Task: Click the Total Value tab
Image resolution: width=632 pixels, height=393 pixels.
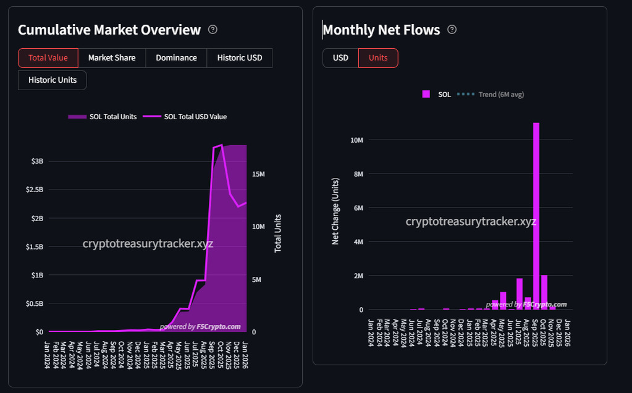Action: click(x=48, y=58)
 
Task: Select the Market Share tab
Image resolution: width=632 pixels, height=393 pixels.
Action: click(x=112, y=58)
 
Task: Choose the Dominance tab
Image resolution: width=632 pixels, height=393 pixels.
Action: click(x=176, y=58)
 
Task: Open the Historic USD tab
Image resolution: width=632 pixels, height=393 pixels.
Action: click(x=239, y=58)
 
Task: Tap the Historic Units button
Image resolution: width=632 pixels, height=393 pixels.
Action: click(x=53, y=80)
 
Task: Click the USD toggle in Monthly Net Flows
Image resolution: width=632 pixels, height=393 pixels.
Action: click(x=340, y=58)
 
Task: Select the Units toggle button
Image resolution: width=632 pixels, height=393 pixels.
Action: click(x=378, y=58)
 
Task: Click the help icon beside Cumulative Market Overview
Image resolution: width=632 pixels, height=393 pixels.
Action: click(x=213, y=30)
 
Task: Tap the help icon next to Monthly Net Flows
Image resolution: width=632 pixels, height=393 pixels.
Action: click(x=452, y=30)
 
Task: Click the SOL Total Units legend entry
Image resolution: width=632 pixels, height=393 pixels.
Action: click(x=103, y=117)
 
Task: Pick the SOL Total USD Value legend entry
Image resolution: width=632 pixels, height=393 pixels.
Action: click(x=189, y=117)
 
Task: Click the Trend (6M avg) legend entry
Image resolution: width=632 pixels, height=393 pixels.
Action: click(x=491, y=95)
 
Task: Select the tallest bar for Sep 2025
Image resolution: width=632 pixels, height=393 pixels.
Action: click(x=536, y=216)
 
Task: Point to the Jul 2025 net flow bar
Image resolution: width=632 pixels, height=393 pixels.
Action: click(x=520, y=294)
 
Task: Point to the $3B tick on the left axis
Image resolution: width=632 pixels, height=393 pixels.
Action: click(x=37, y=161)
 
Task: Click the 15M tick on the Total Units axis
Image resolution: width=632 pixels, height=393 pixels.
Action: click(x=258, y=174)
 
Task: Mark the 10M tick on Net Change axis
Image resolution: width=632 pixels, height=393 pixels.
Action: click(x=356, y=140)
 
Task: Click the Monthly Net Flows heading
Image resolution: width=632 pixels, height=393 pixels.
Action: click(x=381, y=30)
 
